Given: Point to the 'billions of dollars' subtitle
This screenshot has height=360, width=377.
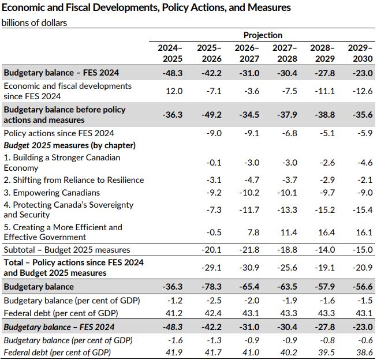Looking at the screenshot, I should coord(35,23).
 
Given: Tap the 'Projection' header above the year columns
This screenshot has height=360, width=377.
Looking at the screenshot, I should coord(263,35).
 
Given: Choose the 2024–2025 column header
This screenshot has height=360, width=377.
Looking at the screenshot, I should coord(170,53).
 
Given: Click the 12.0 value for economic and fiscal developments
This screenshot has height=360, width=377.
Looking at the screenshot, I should coord(174,91).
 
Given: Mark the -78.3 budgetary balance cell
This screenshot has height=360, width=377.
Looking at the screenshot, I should coord(210,286).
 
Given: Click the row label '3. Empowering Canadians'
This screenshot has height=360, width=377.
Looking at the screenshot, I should coord(52,193).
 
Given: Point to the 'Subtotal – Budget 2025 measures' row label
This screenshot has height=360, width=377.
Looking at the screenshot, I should coord(66,250).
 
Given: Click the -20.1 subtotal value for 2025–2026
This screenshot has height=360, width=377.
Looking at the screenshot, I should coord(210,250).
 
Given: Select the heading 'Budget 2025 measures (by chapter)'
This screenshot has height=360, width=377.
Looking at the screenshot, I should coord(69,145).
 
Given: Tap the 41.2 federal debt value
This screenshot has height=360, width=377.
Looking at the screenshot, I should coord(174,313).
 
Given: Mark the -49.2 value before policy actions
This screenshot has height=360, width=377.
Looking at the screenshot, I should coord(210,115).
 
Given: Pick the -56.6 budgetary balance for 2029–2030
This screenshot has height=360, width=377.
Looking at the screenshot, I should coord(361,286).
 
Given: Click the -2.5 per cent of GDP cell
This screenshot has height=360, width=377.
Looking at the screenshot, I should coord(211,301).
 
